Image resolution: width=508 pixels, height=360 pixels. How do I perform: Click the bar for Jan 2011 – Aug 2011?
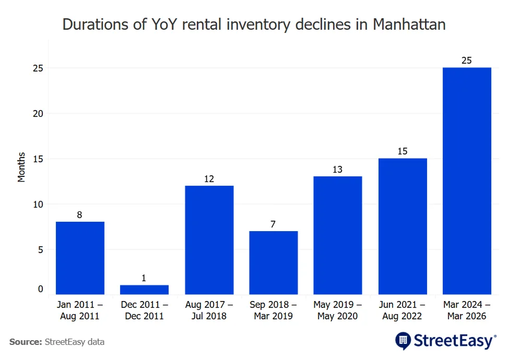tap(80, 258)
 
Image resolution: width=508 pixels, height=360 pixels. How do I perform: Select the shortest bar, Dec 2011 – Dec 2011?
tap(145, 290)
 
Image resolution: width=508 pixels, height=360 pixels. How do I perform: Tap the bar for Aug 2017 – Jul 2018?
tap(209, 240)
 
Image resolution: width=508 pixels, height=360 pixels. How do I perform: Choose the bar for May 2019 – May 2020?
tap(338, 235)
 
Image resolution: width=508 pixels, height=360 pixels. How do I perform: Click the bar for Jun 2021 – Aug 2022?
tap(403, 226)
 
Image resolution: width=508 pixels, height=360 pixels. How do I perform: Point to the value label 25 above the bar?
tap(467, 61)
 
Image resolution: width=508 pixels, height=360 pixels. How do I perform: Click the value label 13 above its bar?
tap(338, 170)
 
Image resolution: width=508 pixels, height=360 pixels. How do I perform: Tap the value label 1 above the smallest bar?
tap(145, 279)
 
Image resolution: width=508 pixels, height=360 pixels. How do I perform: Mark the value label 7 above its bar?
tap(274, 224)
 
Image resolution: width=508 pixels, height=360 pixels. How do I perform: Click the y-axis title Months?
tap(21, 167)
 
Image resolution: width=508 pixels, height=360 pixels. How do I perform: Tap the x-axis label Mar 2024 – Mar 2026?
tap(467, 310)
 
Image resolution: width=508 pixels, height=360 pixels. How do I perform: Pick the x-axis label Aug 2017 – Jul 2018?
tap(209, 310)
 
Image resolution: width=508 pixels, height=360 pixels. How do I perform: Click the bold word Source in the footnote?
tap(25, 342)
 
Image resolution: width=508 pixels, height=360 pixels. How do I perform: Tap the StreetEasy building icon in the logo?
tap(403, 341)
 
